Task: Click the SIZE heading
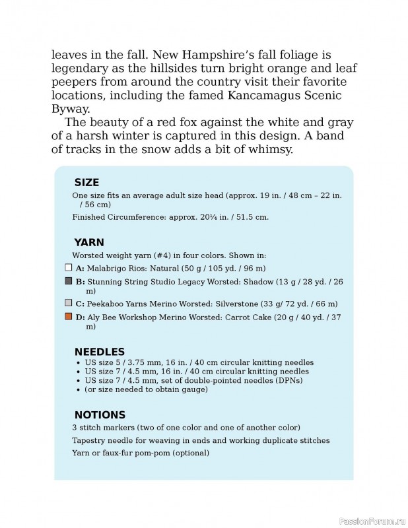pos(86,182)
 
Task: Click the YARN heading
pos(88,242)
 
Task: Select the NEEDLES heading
pos(99,351)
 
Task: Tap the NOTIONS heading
pos(100,415)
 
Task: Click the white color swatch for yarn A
pos(68,268)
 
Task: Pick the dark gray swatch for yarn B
pos(68,281)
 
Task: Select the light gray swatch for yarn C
pos(68,304)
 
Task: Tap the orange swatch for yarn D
pos(68,317)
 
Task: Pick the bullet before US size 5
pos(79,363)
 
